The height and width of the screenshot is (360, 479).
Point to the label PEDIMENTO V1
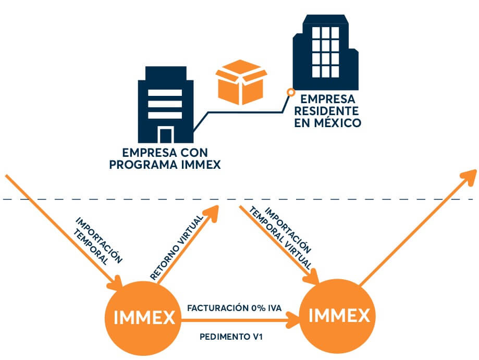[231, 337]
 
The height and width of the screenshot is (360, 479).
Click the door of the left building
[166, 135]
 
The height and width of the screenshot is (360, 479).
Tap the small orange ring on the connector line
[290, 93]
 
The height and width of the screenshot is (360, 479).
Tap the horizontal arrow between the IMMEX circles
[240, 322]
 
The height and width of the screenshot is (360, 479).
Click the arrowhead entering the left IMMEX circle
[116, 283]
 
